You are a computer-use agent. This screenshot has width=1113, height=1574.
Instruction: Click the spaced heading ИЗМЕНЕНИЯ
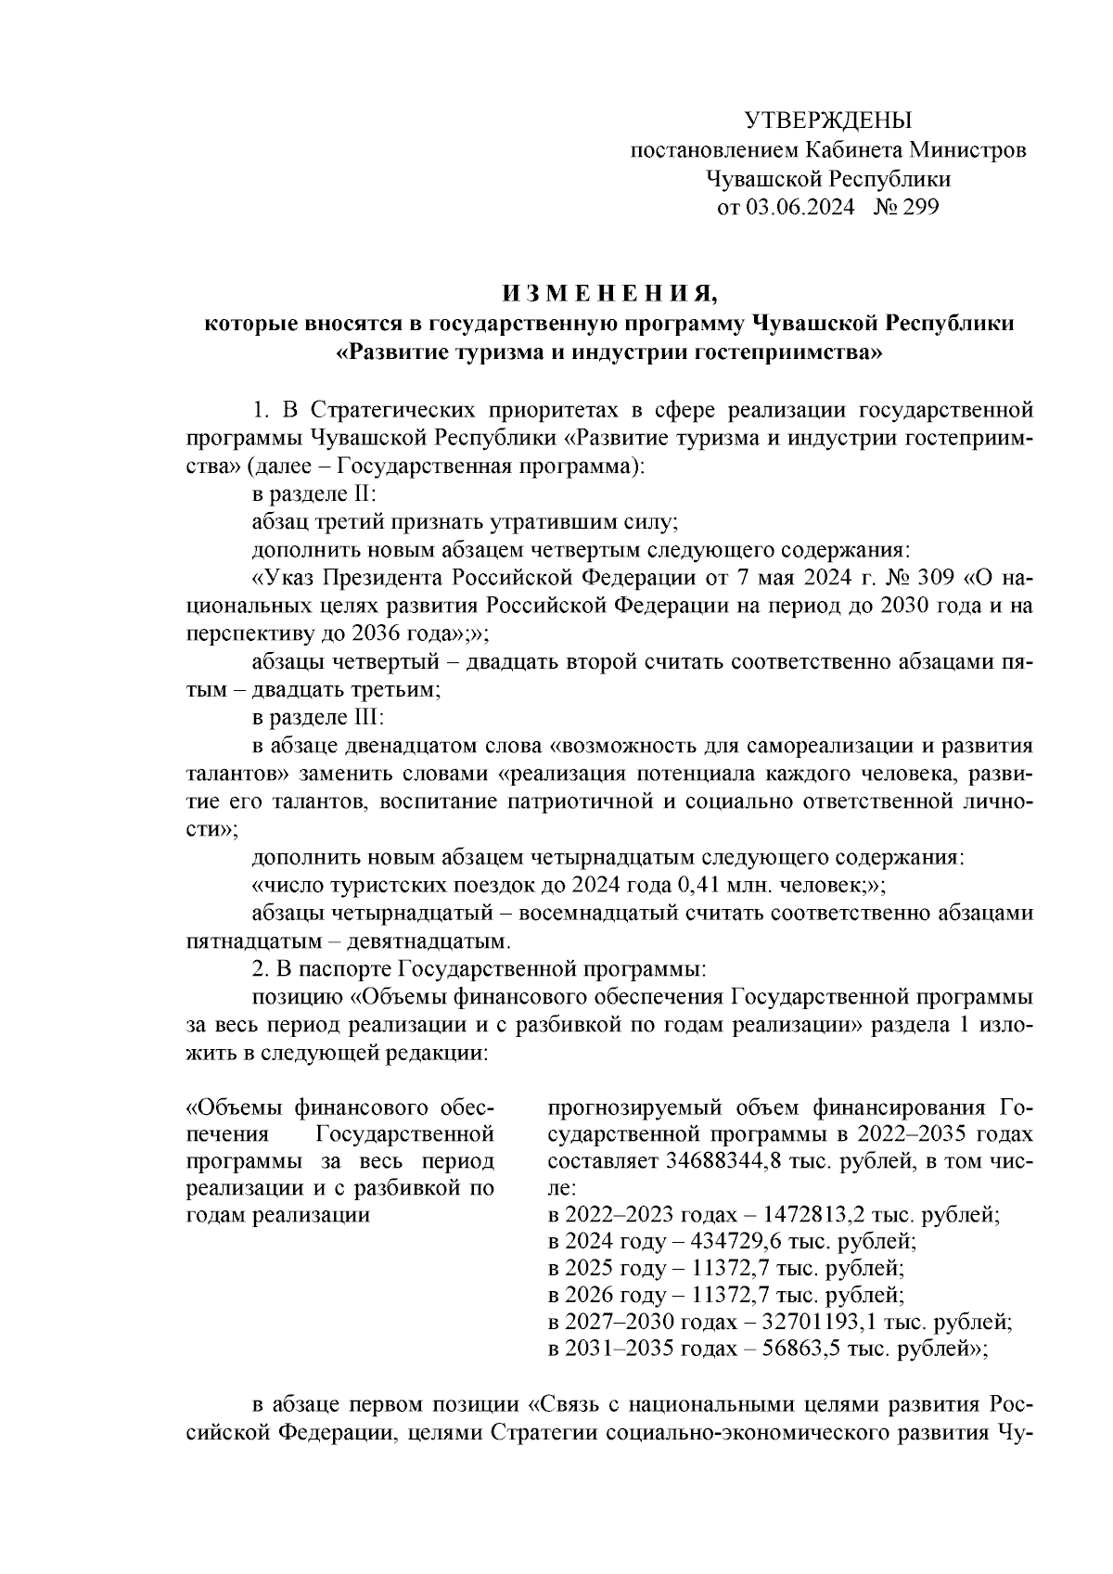609,295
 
